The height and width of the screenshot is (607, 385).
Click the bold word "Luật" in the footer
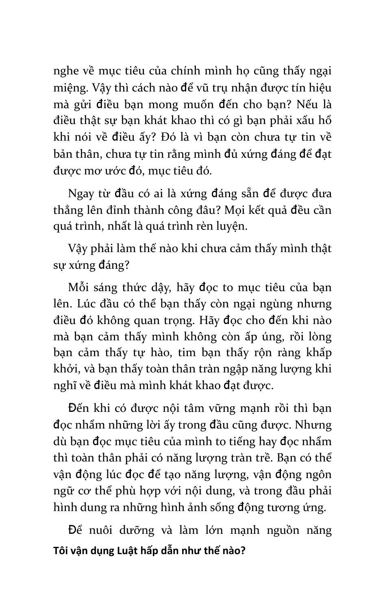pyautogui.click(x=129, y=551)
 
